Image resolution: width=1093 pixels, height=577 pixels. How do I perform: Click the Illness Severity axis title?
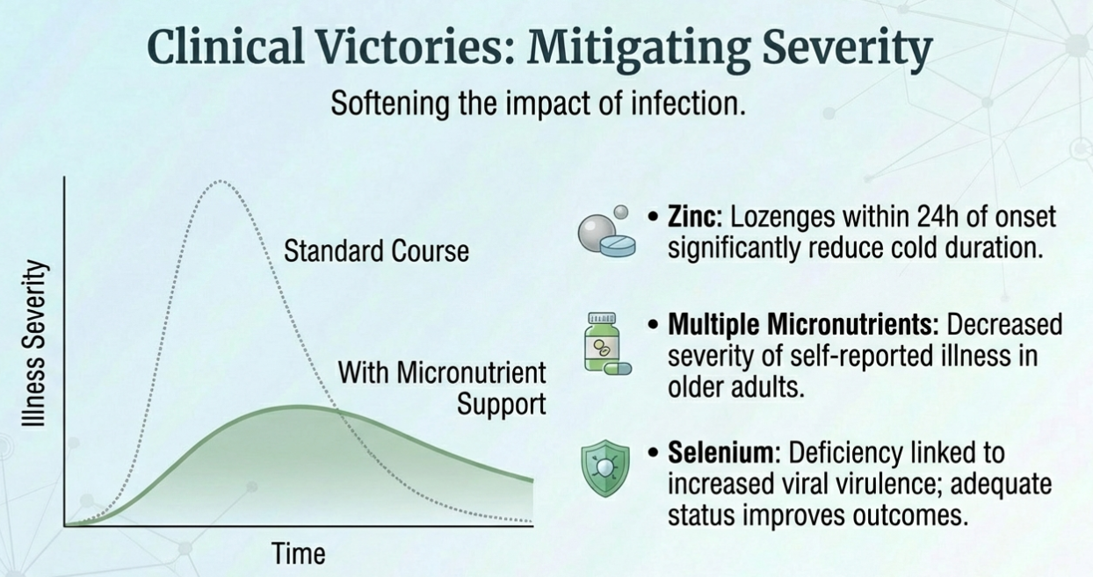(34, 343)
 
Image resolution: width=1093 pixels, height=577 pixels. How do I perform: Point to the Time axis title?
(299, 553)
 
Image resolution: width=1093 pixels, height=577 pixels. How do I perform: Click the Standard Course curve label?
(376, 250)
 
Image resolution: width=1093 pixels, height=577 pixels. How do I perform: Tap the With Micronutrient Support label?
(442, 388)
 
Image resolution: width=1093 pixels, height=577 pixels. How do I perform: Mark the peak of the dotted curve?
(221, 181)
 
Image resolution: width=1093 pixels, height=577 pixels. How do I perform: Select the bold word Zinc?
(695, 217)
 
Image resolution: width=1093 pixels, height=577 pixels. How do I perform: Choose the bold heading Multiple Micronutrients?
(803, 324)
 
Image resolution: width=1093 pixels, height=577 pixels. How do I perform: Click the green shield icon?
(605, 468)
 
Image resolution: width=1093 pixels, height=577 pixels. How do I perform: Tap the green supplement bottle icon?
(602, 342)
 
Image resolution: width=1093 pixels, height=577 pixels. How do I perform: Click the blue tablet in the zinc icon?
(618, 245)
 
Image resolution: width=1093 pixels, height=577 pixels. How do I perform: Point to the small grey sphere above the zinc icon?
(621, 213)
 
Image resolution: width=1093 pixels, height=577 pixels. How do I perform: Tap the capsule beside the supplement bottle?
(618, 368)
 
